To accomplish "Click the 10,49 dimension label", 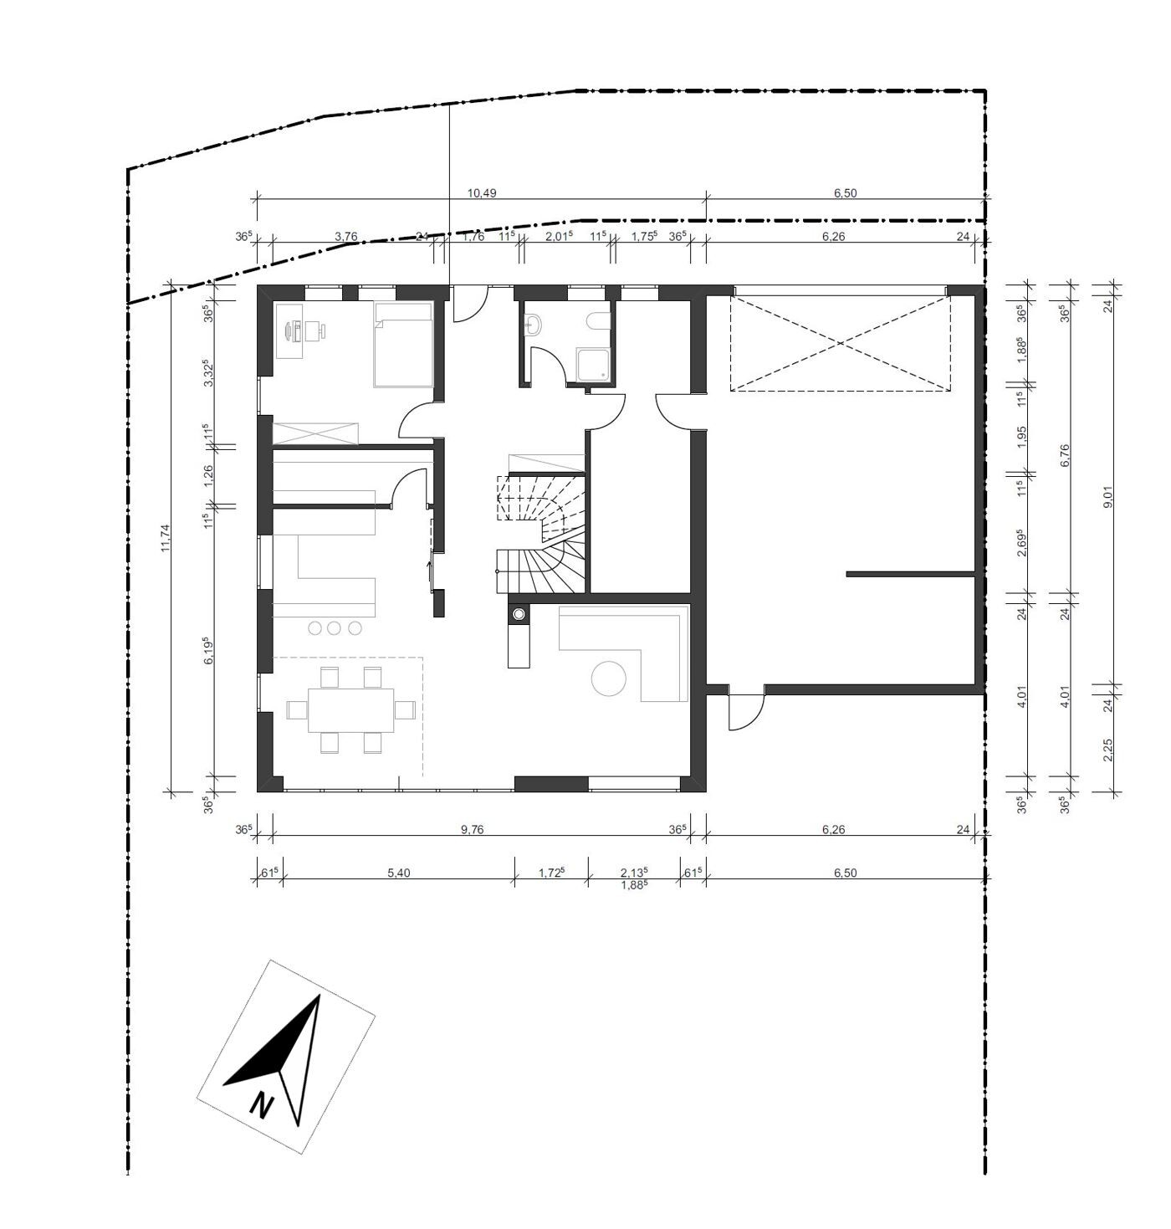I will (x=481, y=193).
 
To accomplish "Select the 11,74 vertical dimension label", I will (x=166, y=537).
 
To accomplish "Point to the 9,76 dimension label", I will (x=473, y=830).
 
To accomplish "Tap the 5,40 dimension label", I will (x=398, y=873).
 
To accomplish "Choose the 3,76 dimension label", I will (x=345, y=237).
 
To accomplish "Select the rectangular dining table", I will (x=351, y=709).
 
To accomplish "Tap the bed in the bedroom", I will (x=403, y=345).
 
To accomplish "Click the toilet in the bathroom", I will (x=597, y=322).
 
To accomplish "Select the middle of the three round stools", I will (x=335, y=627).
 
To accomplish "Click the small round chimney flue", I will (x=519, y=615).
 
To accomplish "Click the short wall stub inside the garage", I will (x=911, y=574).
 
